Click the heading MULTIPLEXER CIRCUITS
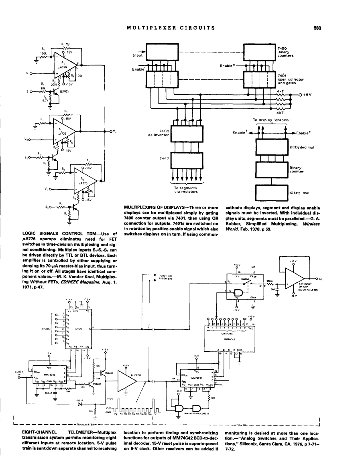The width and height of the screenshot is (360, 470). pyautogui.click(x=170, y=28)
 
